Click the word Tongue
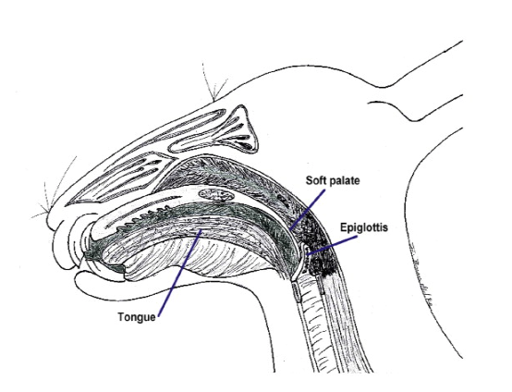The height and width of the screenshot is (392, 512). pyautogui.click(x=137, y=317)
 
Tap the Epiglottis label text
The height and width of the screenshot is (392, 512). pyautogui.click(x=364, y=227)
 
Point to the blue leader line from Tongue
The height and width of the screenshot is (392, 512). pyautogui.click(x=179, y=273)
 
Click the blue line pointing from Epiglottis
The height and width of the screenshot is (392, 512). pyautogui.click(x=333, y=245)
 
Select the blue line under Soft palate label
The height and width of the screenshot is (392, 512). pyautogui.click(x=307, y=209)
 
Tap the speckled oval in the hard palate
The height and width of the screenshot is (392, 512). pyautogui.click(x=216, y=195)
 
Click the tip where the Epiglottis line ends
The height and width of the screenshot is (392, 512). pyautogui.click(x=308, y=254)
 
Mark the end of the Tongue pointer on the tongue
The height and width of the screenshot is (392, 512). pyautogui.click(x=201, y=229)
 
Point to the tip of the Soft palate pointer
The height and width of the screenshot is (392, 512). pyautogui.click(x=290, y=229)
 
